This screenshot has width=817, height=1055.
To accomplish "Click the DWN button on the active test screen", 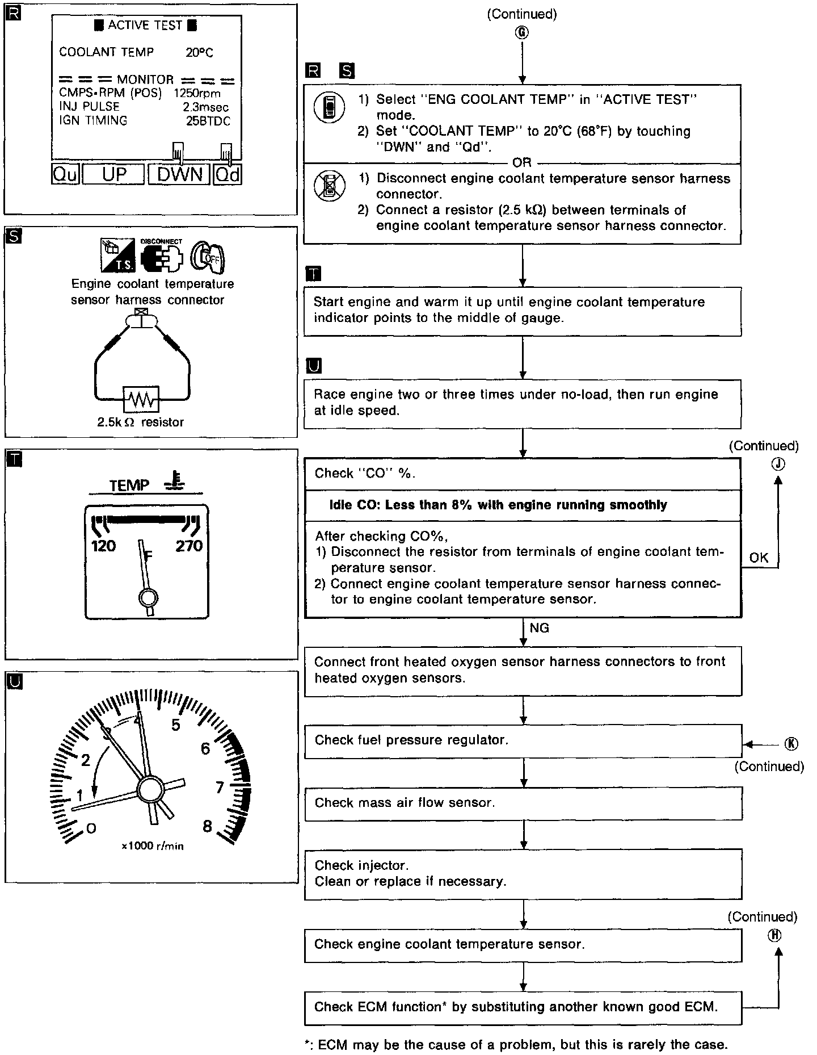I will coord(179,174).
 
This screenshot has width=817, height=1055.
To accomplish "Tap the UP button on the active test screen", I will coord(113,174).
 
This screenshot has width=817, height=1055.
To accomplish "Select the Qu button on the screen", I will coord(65,174).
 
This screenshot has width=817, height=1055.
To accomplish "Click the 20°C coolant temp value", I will coord(199,53).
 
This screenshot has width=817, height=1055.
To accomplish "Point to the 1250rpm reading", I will coord(197,93).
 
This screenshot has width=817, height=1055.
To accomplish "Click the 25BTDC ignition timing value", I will coord(208,120).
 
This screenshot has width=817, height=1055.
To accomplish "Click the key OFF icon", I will coord(208,257).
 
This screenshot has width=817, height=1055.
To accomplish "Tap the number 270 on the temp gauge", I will coord(189,546).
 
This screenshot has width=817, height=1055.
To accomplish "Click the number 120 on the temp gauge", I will coord(103,546).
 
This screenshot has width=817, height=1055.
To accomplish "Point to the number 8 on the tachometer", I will coord(207,826).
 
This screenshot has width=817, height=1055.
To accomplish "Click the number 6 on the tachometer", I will coord(205,749).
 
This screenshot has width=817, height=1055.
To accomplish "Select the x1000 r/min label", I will coord(153,846).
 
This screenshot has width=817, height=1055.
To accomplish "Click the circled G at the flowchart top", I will coord(522,32).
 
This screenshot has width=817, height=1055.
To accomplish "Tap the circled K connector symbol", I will coord(791,744).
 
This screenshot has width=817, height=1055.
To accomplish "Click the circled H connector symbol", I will coord(774,936).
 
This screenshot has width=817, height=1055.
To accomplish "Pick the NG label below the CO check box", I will coord(539,628).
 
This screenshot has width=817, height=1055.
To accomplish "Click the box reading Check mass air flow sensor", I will coord(523,803).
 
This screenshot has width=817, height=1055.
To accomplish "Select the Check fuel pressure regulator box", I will coord(523,740).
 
